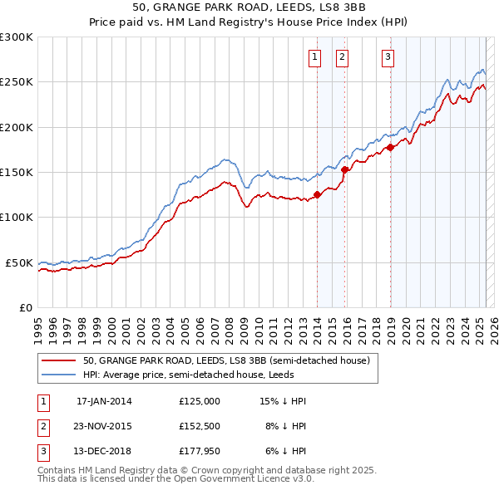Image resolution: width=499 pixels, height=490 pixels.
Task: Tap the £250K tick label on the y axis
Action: [x=17, y=82]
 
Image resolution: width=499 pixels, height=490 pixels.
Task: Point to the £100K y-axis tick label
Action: [x=17, y=217]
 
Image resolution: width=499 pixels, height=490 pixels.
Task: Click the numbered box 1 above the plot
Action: [x=315, y=57]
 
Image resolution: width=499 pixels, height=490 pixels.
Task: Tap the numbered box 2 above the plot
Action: [x=342, y=57]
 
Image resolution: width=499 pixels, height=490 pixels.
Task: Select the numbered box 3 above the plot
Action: [x=388, y=57]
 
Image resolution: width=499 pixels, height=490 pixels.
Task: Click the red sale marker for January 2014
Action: [x=317, y=195]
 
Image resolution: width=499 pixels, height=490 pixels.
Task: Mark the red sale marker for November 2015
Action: [x=344, y=170]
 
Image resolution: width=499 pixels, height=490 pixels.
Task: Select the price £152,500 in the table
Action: [x=200, y=427]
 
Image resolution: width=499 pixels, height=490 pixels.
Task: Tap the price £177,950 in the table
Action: [x=200, y=453]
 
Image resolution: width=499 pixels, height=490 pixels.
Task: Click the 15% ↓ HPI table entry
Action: [x=283, y=401]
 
